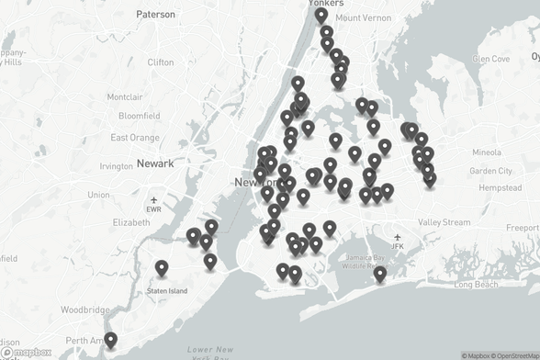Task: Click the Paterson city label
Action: point(155,15)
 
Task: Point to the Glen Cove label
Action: point(490,59)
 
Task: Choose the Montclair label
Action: point(124,97)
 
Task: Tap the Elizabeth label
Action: point(130,222)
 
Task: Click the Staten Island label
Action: point(167,291)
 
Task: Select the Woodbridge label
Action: point(85,310)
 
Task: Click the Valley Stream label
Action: point(444,222)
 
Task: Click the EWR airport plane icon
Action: point(154,199)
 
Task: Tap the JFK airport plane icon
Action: point(397,236)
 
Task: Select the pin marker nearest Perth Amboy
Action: point(110,339)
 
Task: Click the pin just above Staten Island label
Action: point(162,267)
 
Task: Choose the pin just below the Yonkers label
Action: point(321,15)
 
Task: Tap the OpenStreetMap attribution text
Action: point(502,355)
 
